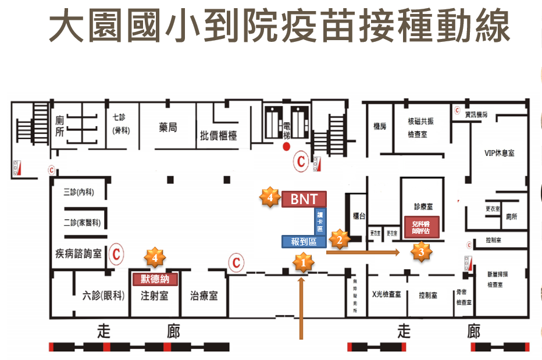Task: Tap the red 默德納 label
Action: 155,279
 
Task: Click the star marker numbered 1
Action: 302,263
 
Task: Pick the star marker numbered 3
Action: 422,252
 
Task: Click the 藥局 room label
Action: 167,127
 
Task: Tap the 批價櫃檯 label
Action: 218,136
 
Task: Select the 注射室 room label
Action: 155,295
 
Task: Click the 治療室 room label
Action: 204,295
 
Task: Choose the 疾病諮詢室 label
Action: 79,254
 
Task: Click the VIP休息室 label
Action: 499,154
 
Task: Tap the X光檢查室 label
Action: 386,294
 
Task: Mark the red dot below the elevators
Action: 286,147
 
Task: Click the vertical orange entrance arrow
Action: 301,308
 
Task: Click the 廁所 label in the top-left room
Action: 59,126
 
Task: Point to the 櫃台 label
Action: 359,216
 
